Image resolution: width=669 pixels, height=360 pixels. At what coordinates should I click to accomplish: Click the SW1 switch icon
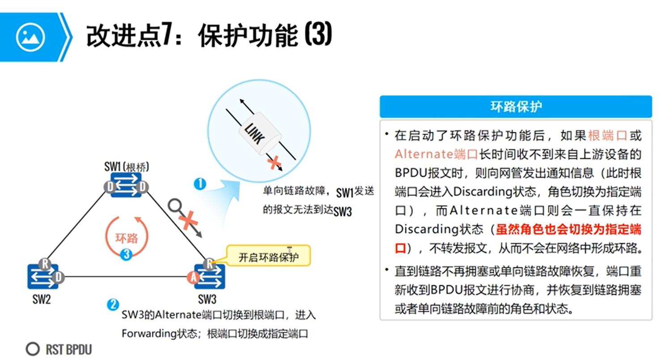click(126, 186)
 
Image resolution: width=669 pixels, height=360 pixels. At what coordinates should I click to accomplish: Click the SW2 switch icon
click(43, 276)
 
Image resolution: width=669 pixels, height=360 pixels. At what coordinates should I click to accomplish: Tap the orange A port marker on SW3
click(193, 278)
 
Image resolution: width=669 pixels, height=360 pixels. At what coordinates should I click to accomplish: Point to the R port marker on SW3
click(209, 263)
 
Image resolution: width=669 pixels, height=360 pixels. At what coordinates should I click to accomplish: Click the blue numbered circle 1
click(200, 184)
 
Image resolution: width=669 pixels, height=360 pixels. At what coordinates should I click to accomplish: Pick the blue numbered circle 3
click(127, 255)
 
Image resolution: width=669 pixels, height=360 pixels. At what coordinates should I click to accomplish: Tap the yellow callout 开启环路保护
click(268, 257)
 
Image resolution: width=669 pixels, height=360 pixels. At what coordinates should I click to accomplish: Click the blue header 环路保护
click(516, 107)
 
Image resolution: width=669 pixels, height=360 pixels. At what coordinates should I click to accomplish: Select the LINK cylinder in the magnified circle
click(263, 131)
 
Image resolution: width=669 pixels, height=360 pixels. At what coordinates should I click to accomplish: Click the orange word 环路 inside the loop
click(127, 238)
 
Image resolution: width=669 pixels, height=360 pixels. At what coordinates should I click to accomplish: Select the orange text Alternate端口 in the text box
click(436, 154)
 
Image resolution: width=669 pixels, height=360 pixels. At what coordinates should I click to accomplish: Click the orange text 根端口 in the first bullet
click(608, 135)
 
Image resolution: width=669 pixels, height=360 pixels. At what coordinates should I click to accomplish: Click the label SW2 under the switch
click(41, 299)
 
